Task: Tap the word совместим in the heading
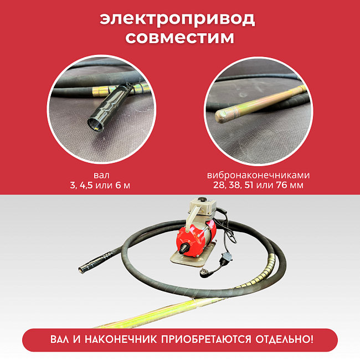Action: pos(179,38)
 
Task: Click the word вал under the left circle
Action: pos(98,174)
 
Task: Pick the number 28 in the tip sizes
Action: pos(212,184)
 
